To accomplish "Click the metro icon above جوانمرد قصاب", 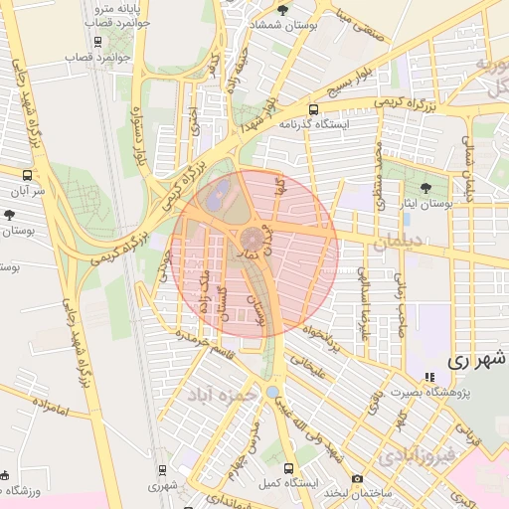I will coord(96,42).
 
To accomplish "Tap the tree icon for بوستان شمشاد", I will coord(282,11).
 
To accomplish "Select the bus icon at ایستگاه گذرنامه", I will coord(314,110).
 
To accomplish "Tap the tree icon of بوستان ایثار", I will coord(426,187).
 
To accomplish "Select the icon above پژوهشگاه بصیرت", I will coord(429,378).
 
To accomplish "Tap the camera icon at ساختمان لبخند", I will coord(358,479).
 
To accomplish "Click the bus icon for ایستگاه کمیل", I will coord(288,468).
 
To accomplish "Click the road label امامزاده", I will coord(47,408).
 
